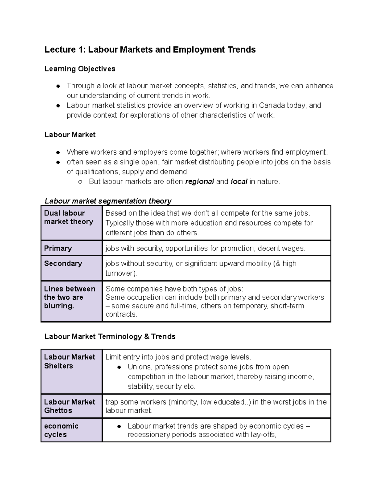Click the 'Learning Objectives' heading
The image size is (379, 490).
pyautogui.click(x=80, y=69)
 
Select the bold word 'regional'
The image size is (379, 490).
pyautogui.click(x=199, y=182)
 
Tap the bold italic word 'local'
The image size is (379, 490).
pyautogui.click(x=239, y=182)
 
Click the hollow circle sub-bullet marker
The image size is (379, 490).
pyautogui.click(x=80, y=182)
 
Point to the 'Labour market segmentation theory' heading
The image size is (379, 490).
pyautogui.click(x=108, y=201)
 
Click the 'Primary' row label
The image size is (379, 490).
pyautogui.click(x=58, y=248)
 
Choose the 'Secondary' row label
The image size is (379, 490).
pyautogui.click(x=63, y=263)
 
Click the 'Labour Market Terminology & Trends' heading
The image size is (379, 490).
pyautogui.click(x=110, y=337)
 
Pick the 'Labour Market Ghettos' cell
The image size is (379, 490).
pyautogui.click(x=71, y=406)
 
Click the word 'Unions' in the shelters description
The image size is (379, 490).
pyautogui.click(x=139, y=367)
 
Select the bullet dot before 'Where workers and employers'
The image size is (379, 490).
pyautogui.click(x=58, y=152)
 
